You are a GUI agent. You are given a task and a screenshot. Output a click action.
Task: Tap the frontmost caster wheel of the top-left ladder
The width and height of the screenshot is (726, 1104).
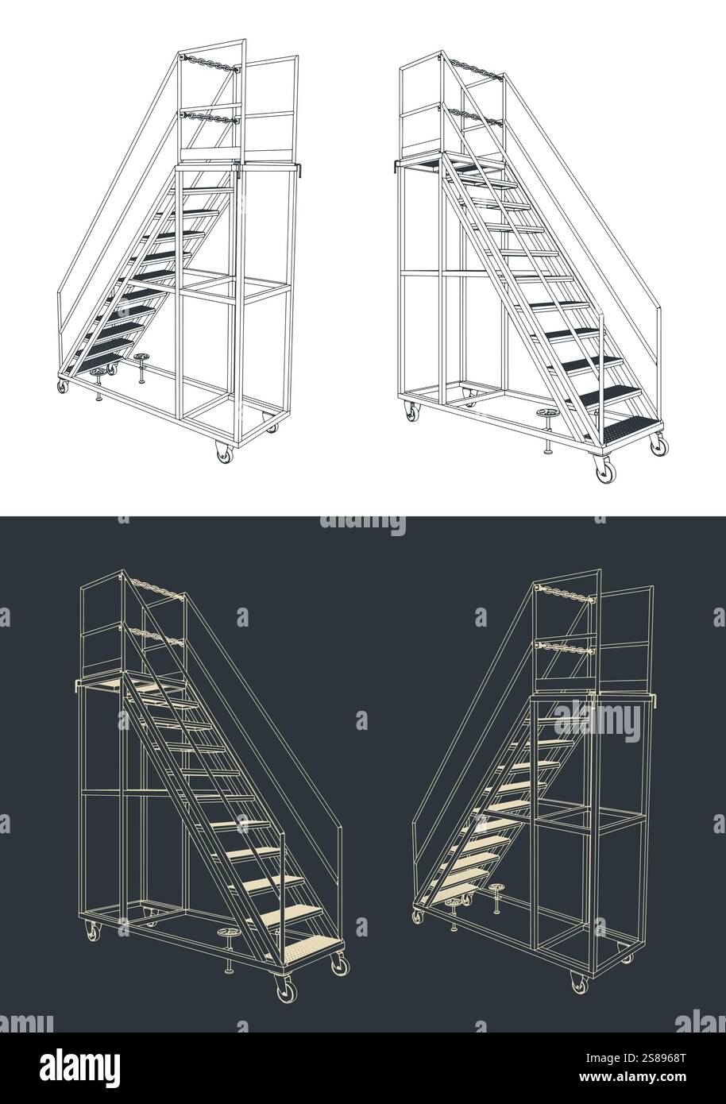point(225,454)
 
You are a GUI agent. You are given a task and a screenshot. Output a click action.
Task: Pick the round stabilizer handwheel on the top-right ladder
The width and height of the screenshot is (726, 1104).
point(547,415)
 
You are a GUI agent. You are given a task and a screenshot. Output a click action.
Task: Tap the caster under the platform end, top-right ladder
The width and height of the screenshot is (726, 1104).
point(411,411)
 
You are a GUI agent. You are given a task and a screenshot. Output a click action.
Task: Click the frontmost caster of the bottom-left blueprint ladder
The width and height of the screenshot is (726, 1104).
point(282,990)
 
